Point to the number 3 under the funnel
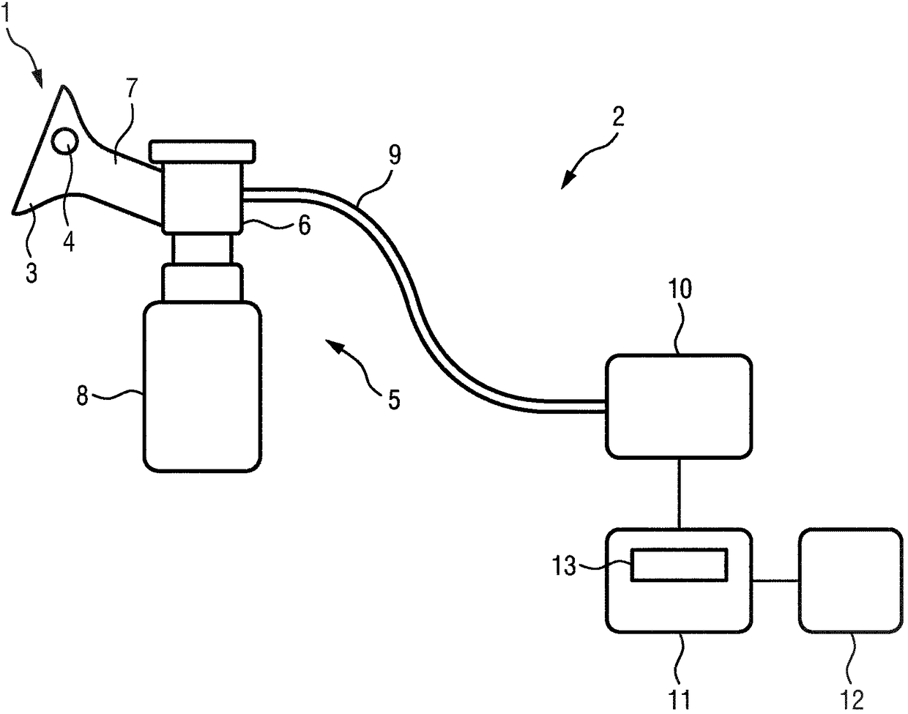tap(31, 273)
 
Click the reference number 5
tap(394, 400)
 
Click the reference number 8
tap(82, 397)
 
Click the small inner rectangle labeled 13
tap(680, 565)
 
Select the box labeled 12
tap(849, 580)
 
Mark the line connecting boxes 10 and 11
tap(680, 493)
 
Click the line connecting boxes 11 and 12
tap(775, 581)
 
